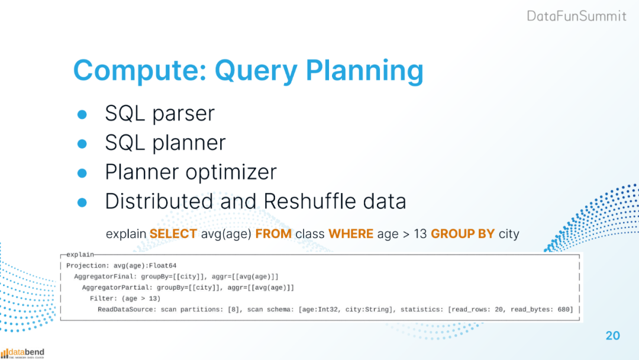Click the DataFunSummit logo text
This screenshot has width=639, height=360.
pyautogui.click(x=576, y=16)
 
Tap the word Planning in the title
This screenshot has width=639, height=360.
pyautogui.click(x=364, y=71)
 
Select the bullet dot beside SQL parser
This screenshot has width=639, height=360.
pyautogui.click(x=82, y=114)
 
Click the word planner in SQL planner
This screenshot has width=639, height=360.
pyautogui.click(x=189, y=143)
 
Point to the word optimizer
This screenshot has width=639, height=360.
pyautogui.click(x=231, y=172)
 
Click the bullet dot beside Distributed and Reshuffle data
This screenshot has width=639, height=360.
pyautogui.click(x=82, y=202)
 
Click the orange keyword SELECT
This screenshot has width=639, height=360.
pyautogui.click(x=173, y=234)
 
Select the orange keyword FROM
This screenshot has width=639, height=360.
pyautogui.click(x=273, y=234)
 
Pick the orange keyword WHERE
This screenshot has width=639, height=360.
pyautogui.click(x=351, y=234)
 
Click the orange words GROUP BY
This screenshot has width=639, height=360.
pyautogui.click(x=463, y=234)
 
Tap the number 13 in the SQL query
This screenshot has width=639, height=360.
pyautogui.click(x=420, y=234)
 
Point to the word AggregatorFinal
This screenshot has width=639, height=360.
pyautogui.click(x=104, y=277)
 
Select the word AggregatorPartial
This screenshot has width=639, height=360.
pyautogui.click(x=115, y=288)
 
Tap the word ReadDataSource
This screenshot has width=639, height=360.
pyautogui.click(x=125, y=310)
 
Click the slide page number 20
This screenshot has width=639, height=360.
pyautogui.click(x=612, y=336)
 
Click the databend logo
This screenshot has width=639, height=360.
pyautogui.click(x=22, y=353)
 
